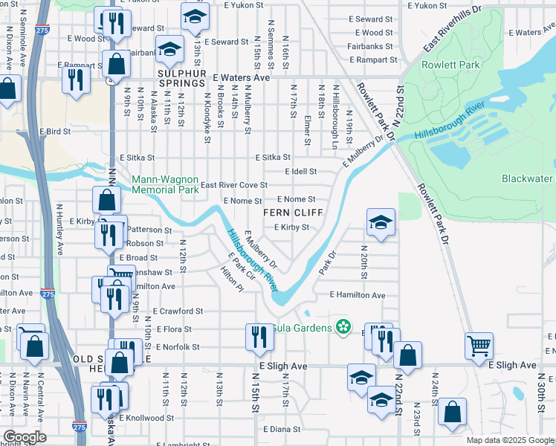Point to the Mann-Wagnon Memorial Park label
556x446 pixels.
pyautogui.click(x=165, y=184)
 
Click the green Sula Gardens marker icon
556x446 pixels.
pyautogui.click(x=343, y=327)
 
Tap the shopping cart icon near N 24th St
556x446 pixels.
pyautogui.click(x=479, y=345)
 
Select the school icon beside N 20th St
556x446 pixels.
pyautogui.click(x=381, y=223)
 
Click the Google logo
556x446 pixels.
pyautogui.click(x=24, y=437)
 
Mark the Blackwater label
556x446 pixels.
pyautogui.click(x=527, y=178)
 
